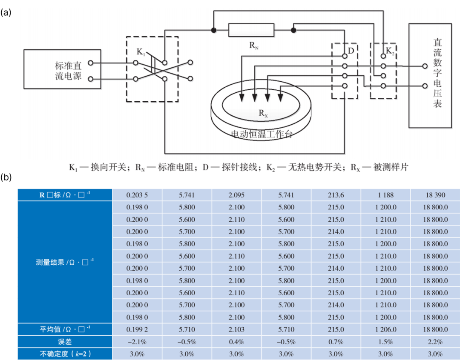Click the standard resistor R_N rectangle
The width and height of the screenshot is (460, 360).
click(x=251, y=30)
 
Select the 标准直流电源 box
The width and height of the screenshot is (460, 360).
click(x=62, y=69)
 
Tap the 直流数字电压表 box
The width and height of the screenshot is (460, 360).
click(x=430, y=76)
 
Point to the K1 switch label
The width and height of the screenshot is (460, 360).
click(x=141, y=52)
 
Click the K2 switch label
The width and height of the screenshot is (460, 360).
click(x=390, y=51)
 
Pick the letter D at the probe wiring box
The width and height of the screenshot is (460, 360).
click(x=351, y=51)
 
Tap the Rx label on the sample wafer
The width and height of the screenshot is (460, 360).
click(x=263, y=113)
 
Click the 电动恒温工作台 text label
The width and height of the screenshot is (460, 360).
click(x=262, y=134)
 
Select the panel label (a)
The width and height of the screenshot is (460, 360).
click(x=6, y=13)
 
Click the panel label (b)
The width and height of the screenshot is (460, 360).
click(x=6, y=177)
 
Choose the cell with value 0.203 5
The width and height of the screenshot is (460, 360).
click(x=137, y=195)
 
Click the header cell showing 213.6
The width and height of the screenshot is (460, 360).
click(x=336, y=195)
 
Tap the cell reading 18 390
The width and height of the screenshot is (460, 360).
click(x=435, y=195)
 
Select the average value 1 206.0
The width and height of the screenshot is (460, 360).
click(x=386, y=329)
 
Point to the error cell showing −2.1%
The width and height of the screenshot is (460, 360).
click(x=137, y=342)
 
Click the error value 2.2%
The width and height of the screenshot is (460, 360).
click(x=435, y=342)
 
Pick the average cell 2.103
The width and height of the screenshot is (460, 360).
click(x=236, y=329)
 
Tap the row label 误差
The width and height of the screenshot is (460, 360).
click(x=65, y=342)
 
